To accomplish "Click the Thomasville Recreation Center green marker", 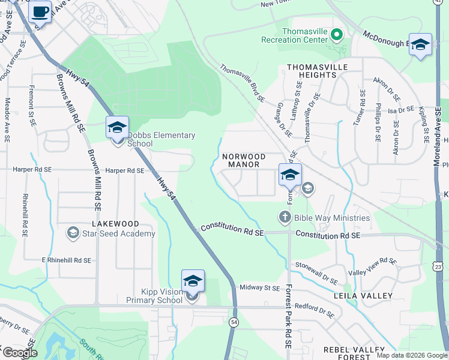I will click(336, 35).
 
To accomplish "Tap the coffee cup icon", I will click(40, 11).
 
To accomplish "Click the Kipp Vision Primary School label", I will click(154, 296).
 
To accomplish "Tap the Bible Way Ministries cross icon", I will click(286, 217).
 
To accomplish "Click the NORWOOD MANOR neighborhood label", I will click(241, 160).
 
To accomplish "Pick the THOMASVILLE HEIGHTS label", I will click(312, 71).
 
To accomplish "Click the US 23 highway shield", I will click(438, 267).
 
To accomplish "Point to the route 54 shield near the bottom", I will click(234, 323).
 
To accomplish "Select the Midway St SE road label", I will click(260, 288).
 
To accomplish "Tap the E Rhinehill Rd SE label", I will click(66, 260).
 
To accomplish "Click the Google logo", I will click(19, 353).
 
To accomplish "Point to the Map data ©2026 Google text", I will click(411, 355).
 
